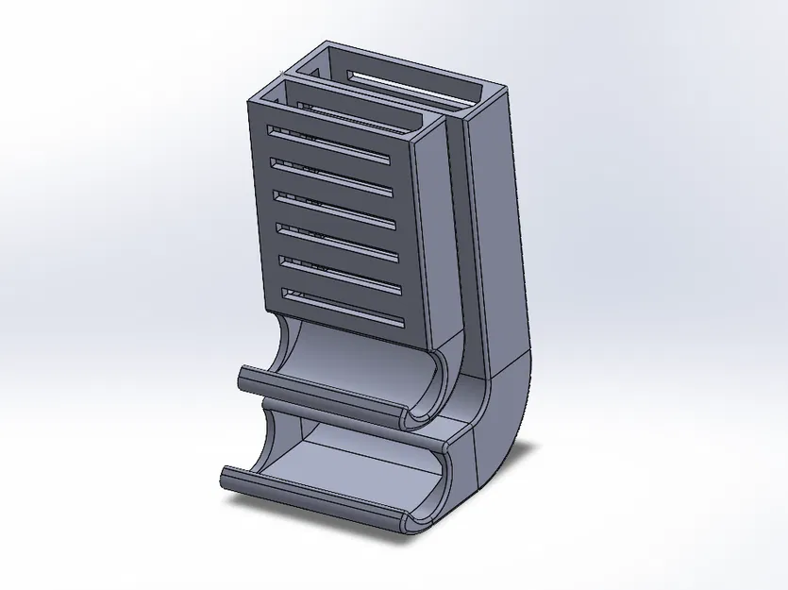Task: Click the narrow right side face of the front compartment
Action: point(436,236)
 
